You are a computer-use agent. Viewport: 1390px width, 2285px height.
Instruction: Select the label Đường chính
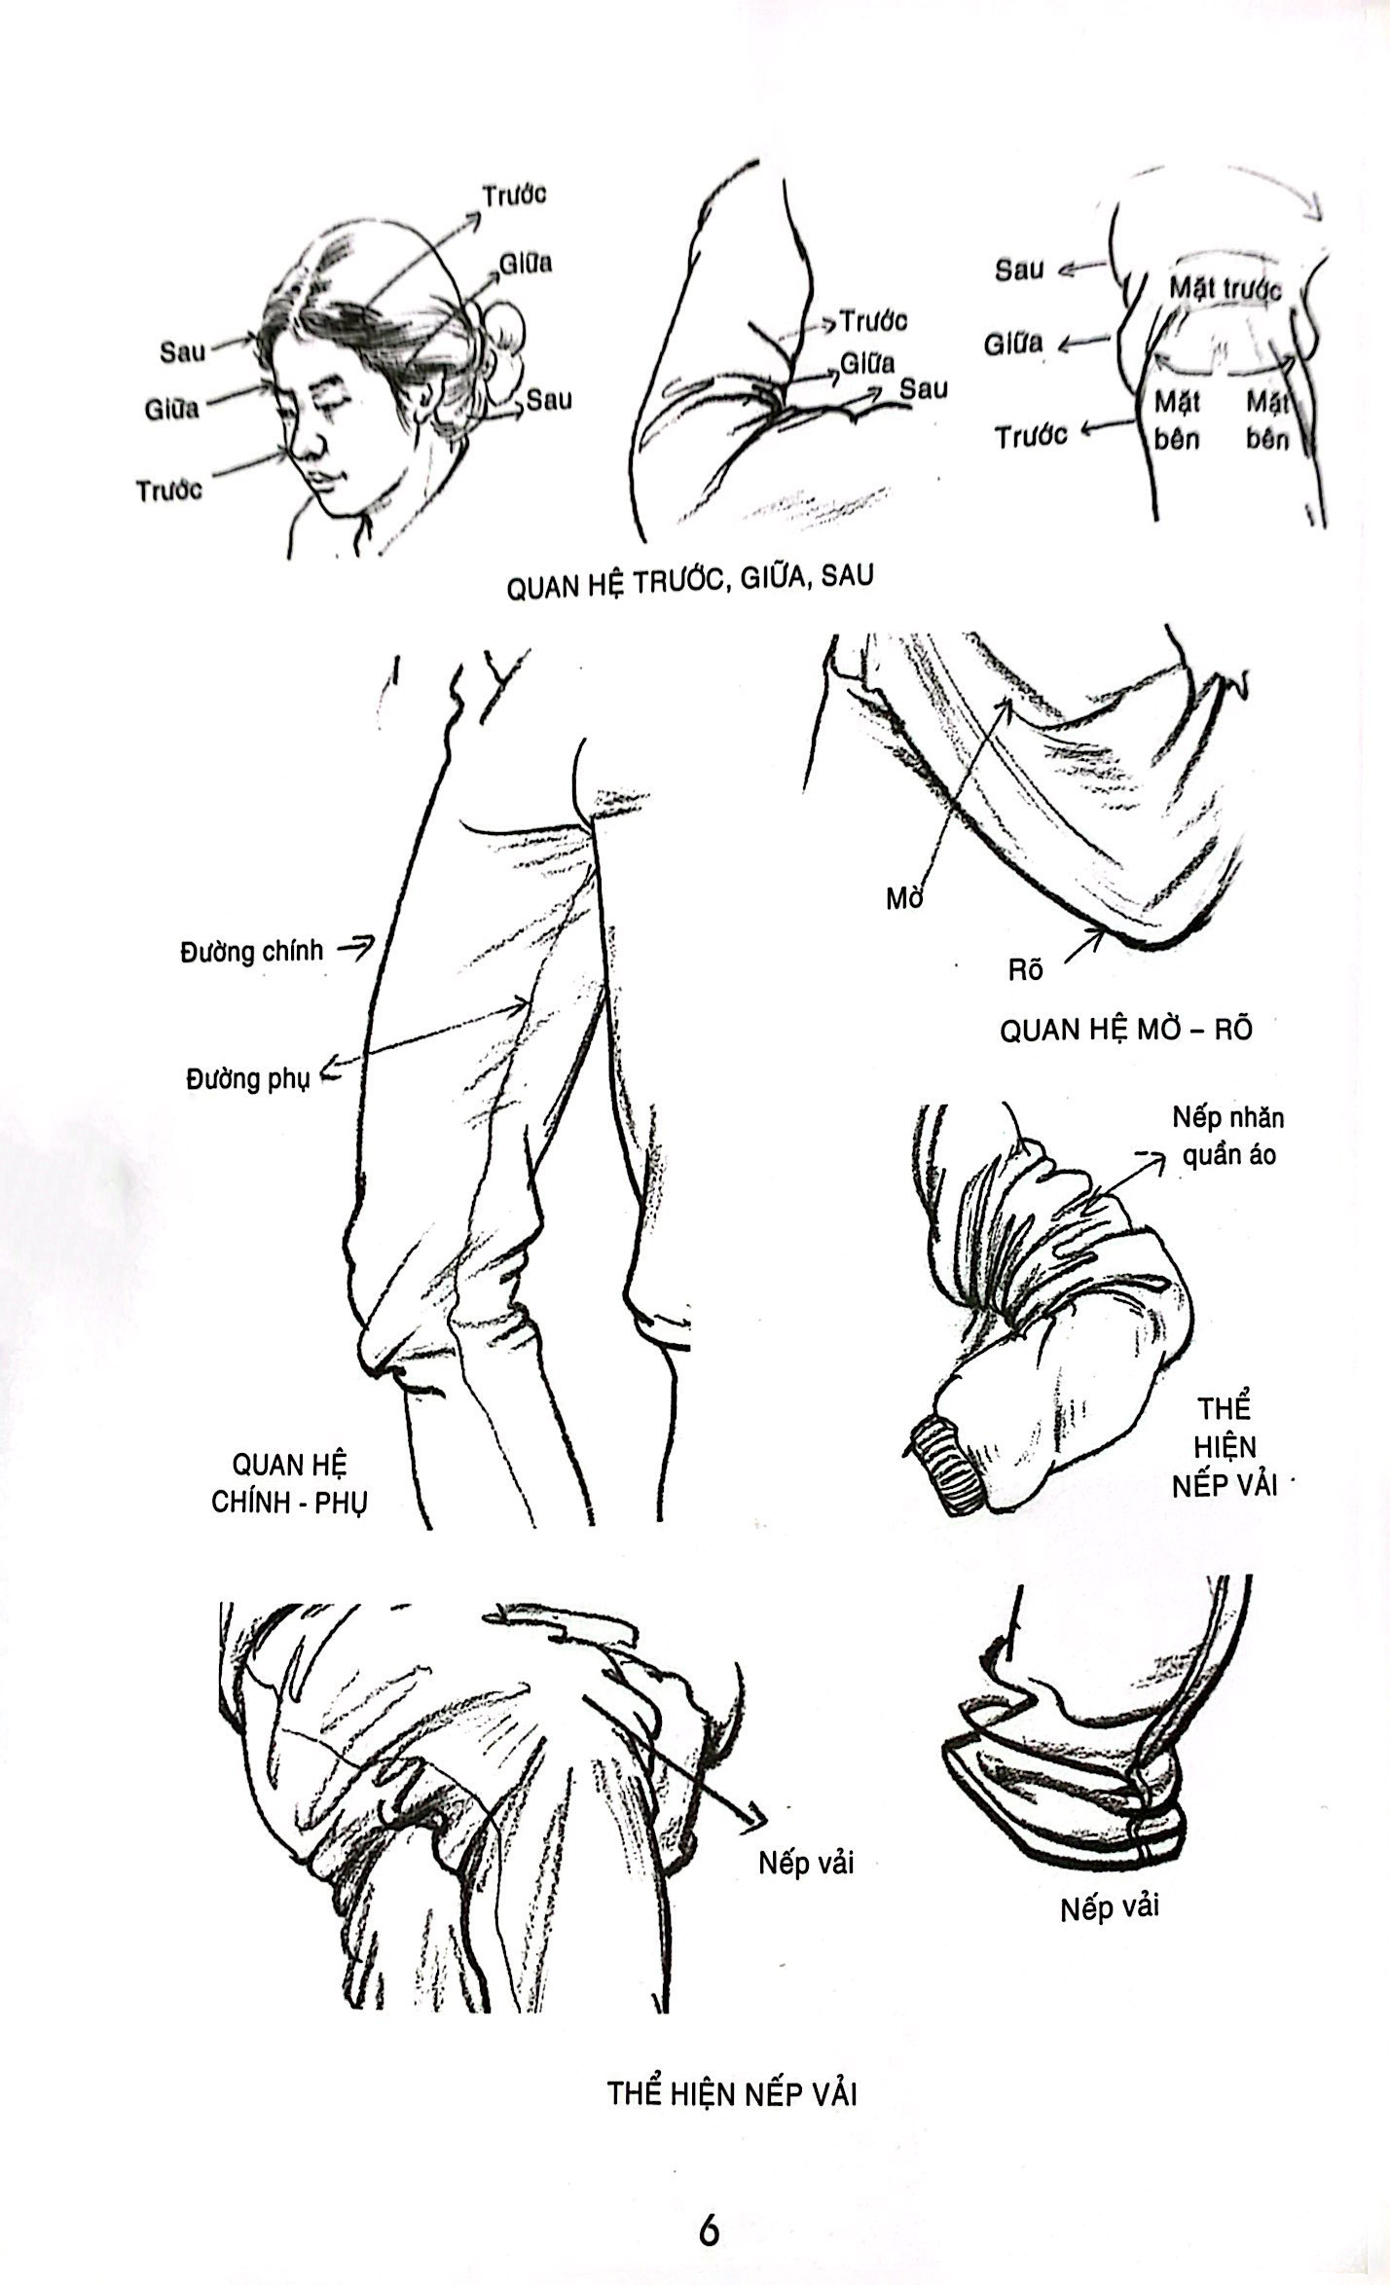coord(251,951)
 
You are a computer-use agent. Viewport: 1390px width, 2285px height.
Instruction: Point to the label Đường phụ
coord(247,1077)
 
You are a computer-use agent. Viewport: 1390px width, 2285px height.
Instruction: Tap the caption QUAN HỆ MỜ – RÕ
coord(1126,1030)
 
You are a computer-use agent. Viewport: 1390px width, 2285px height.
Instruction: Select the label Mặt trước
coord(1225,287)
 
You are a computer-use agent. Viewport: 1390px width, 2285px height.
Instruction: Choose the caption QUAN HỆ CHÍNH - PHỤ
coord(289,1483)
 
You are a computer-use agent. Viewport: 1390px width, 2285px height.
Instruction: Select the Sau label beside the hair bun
coord(549,399)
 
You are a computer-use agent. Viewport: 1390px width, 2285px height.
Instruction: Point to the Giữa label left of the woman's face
coord(171,409)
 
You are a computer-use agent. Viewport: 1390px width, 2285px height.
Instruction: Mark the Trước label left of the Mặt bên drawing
coord(1030,436)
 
